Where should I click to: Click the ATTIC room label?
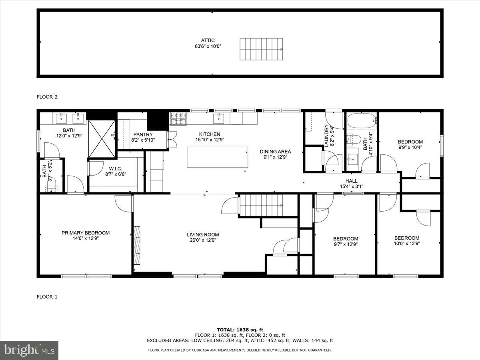click(208, 40)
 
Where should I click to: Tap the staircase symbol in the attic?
click(261, 50)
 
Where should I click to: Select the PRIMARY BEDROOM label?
click(85, 233)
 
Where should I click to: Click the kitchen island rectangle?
click(217, 157)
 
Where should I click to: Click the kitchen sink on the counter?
click(220, 118)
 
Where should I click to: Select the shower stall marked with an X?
click(102, 139)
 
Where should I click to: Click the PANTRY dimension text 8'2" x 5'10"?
click(143, 140)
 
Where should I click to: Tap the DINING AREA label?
click(275, 152)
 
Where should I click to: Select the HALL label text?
click(352, 181)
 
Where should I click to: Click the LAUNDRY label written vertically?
click(326, 136)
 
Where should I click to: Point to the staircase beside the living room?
click(262, 205)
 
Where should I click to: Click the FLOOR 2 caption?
click(47, 97)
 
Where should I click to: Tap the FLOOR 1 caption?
click(47, 297)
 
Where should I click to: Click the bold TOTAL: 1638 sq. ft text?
click(240, 330)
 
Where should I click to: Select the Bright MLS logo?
click(29, 350)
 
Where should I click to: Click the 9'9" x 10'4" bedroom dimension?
click(410, 147)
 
